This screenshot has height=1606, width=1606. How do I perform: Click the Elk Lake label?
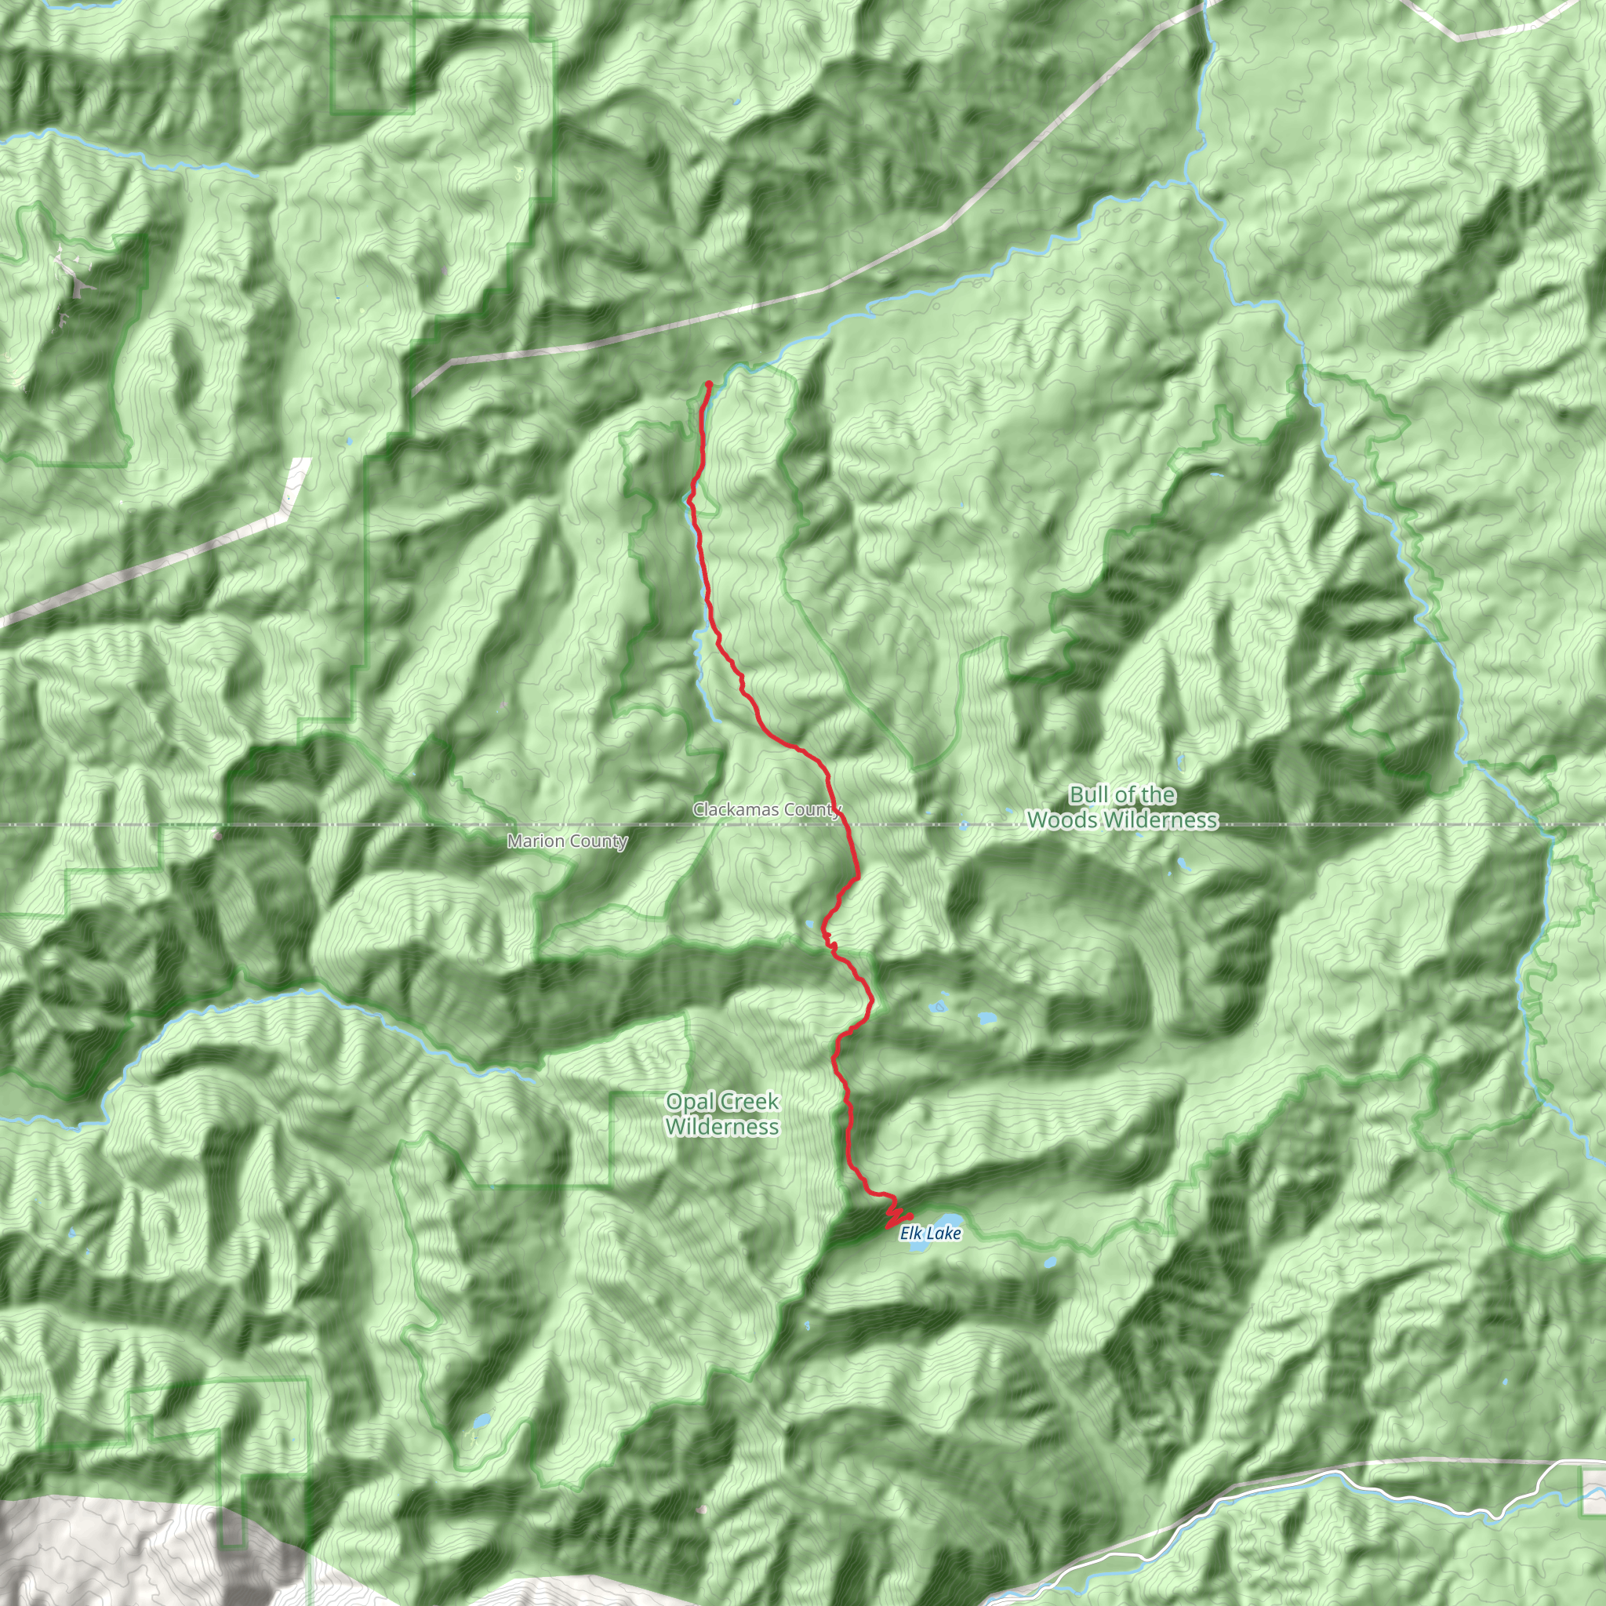coord(930,1234)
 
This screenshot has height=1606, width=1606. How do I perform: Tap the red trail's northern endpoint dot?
coord(709,384)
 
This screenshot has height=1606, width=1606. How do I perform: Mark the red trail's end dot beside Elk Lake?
coord(910,1217)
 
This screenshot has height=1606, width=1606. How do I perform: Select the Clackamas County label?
coord(766,809)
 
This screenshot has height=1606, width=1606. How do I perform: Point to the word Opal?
coord(689,1103)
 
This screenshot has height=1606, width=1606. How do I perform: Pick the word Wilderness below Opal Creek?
coord(722,1127)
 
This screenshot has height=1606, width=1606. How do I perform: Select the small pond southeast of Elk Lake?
coord(1049,1263)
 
